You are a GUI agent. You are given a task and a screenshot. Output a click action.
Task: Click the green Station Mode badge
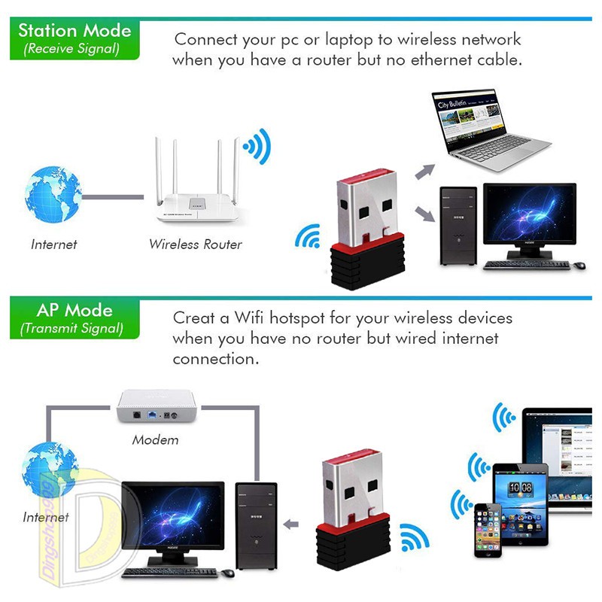(74, 38)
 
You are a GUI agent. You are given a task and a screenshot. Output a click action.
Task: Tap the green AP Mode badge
(74, 318)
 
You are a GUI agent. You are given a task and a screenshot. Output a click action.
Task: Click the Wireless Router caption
(195, 244)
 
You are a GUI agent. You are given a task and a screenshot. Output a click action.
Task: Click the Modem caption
(155, 439)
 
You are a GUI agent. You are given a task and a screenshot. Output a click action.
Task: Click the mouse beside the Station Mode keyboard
(579, 265)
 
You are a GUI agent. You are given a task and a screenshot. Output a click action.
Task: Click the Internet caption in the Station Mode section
(53, 244)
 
